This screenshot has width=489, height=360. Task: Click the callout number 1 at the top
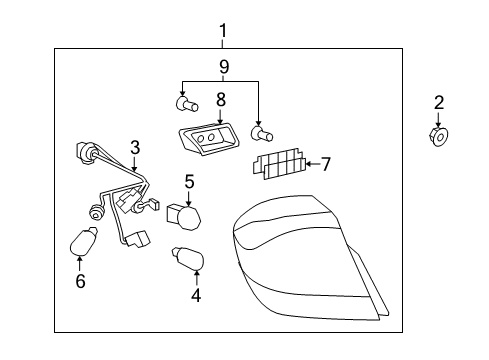point(223,30)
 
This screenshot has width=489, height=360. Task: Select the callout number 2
point(439,101)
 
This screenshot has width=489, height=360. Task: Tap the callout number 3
point(133,148)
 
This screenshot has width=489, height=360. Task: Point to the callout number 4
point(196,295)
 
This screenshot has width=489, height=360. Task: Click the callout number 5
point(188,182)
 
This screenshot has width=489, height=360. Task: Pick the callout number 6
point(80,282)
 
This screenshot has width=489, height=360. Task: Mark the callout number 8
point(219,100)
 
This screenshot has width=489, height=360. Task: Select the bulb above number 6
point(81,241)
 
